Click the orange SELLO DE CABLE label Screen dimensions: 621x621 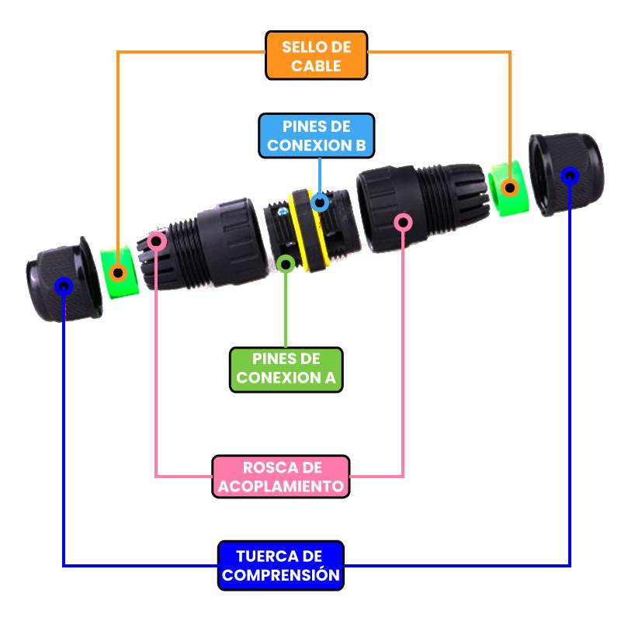316,56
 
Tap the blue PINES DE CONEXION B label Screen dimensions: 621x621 316,135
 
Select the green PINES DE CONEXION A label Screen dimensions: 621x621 286,369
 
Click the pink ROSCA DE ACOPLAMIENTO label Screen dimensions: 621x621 281,477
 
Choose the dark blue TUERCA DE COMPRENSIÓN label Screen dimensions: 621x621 280,565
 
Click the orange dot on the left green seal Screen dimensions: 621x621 118,272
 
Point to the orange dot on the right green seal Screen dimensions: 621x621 509,187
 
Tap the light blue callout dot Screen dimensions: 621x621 320,203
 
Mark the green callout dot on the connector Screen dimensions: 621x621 286,264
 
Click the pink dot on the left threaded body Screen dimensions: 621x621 157,241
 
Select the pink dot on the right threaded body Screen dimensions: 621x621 403,223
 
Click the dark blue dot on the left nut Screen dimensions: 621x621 64,287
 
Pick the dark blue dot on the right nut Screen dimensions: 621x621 570,175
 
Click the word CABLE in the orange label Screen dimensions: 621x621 316,66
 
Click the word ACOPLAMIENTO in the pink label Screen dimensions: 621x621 281,487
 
